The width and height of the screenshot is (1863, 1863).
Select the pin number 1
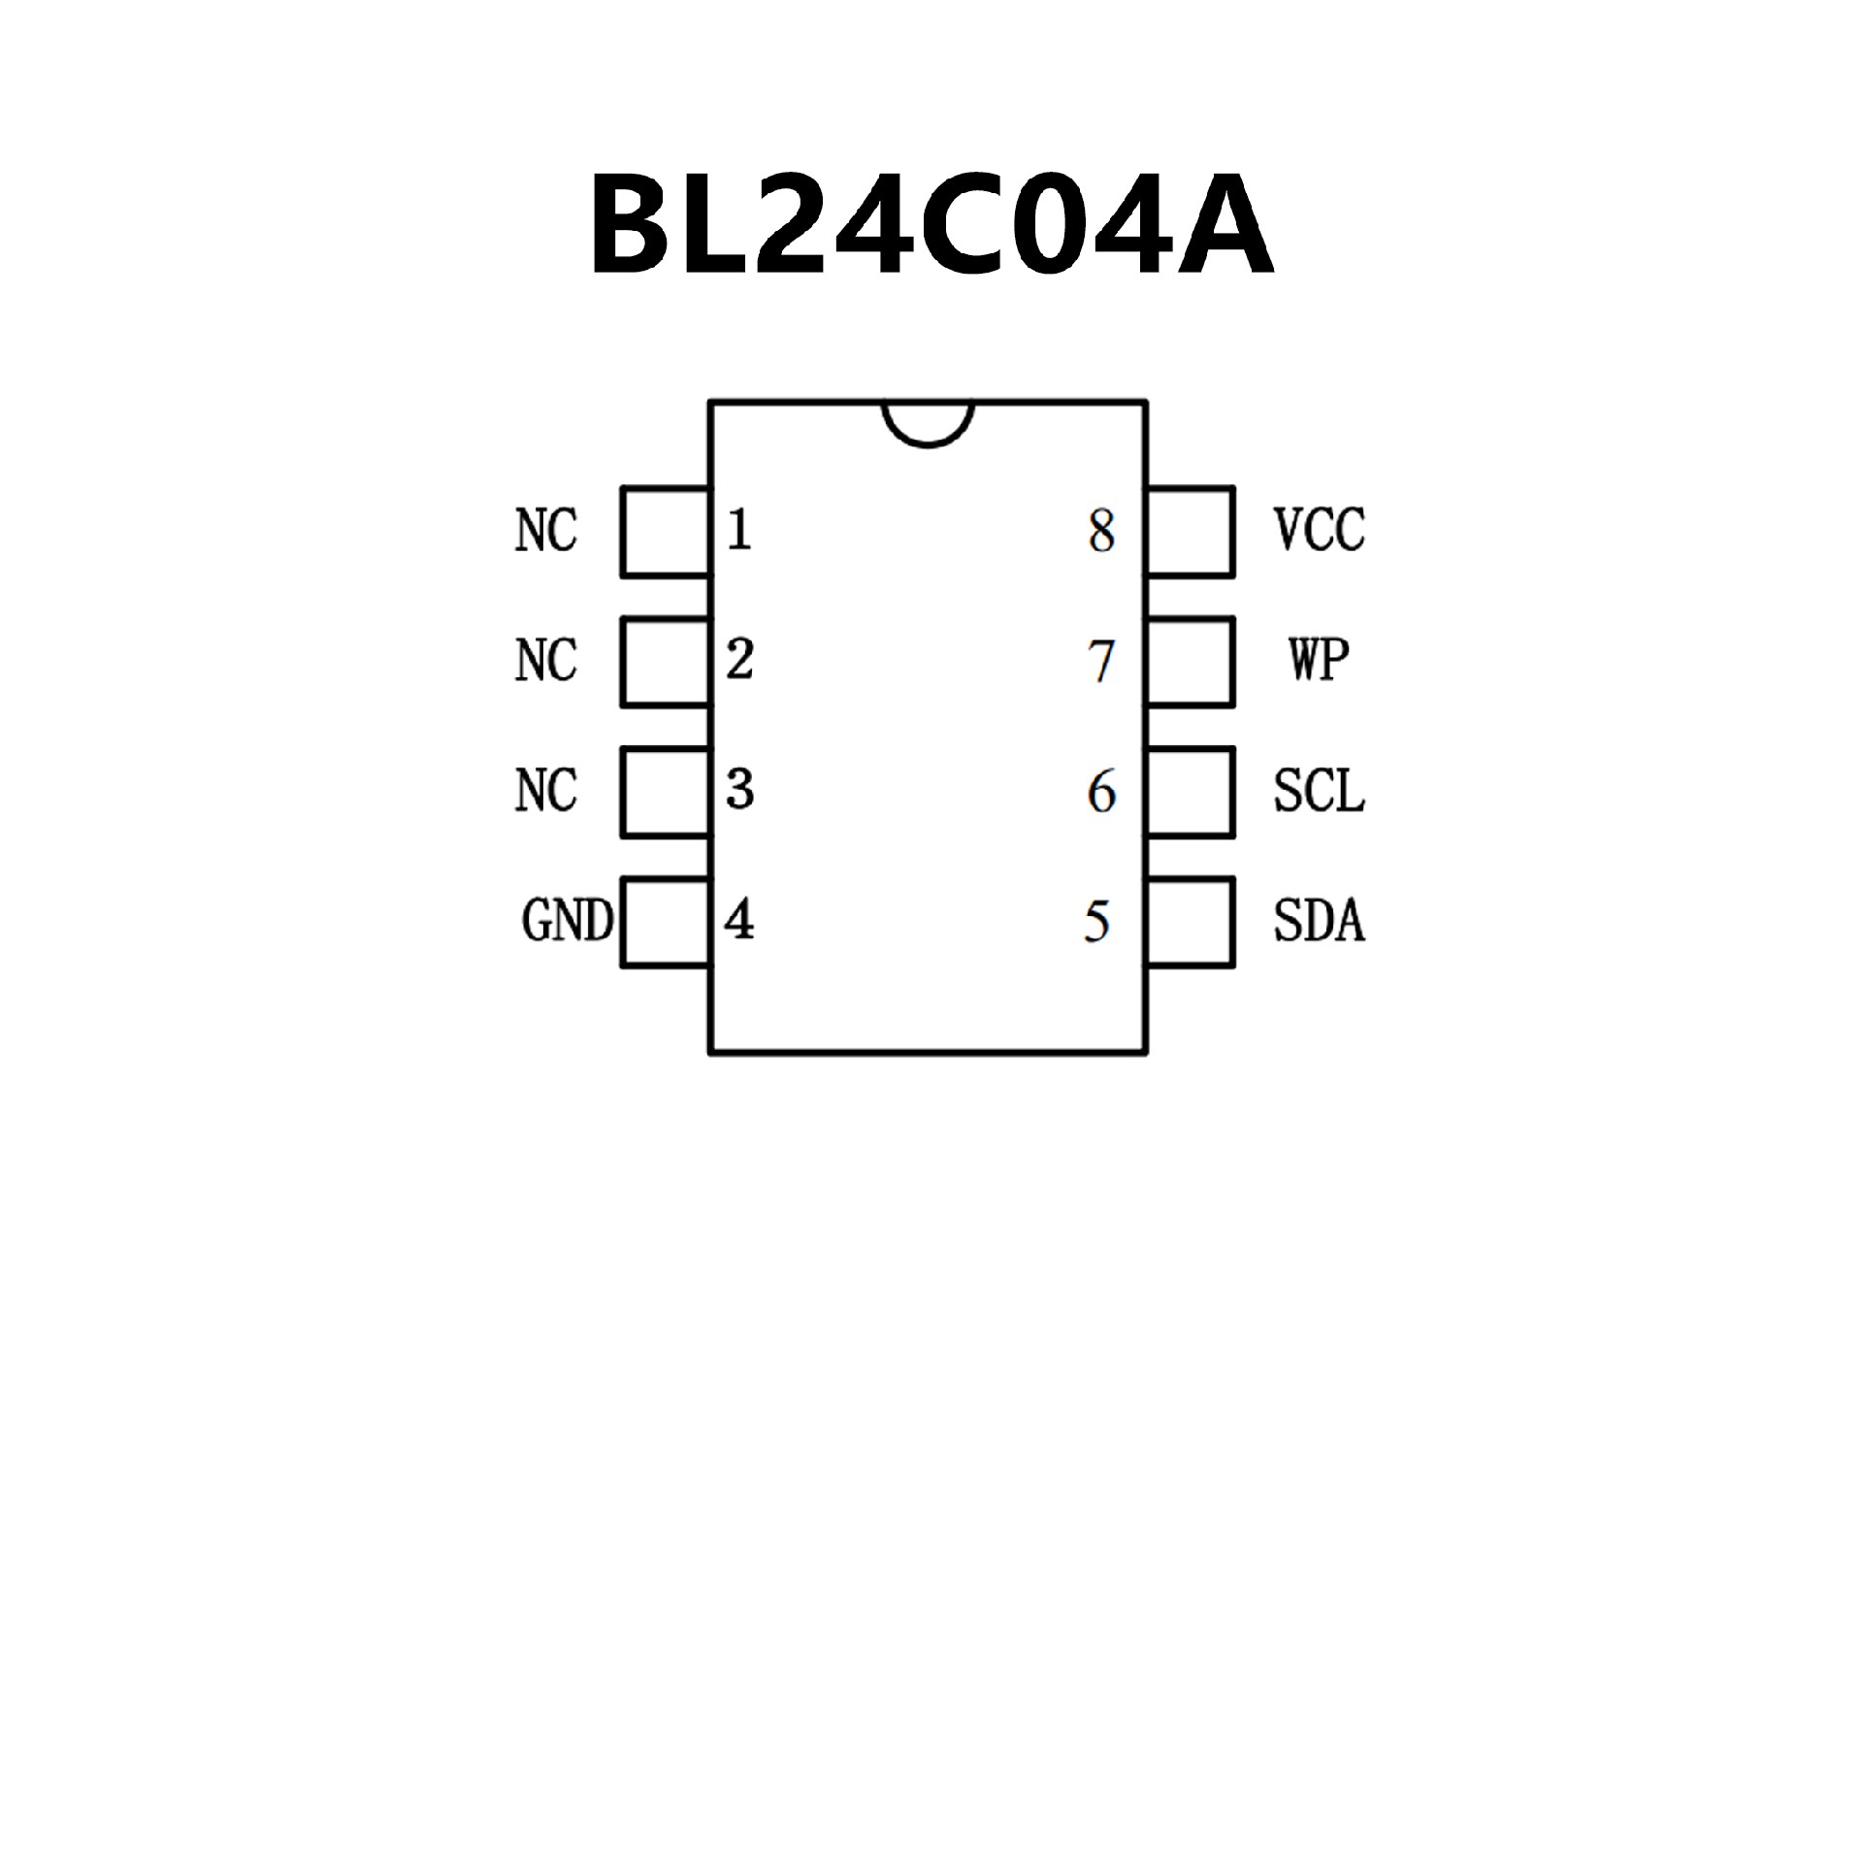click(x=739, y=531)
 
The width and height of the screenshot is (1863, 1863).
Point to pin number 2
click(x=739, y=660)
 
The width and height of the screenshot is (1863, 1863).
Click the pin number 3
click(x=739, y=790)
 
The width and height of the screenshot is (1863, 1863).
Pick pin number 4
click(x=739, y=920)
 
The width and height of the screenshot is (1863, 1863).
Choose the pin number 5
click(x=1097, y=922)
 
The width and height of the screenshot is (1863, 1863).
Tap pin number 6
click(x=1101, y=792)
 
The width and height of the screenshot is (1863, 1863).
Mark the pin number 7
click(x=1101, y=662)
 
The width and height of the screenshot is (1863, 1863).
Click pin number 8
click(x=1101, y=532)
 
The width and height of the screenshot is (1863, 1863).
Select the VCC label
click(x=1319, y=531)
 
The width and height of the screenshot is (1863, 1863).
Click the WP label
click(x=1319, y=660)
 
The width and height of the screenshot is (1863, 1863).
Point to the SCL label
click(x=1319, y=791)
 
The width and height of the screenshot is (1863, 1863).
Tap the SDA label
click(x=1319, y=921)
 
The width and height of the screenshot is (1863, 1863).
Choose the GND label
click(x=568, y=921)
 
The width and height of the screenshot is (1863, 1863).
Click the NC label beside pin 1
click(x=545, y=531)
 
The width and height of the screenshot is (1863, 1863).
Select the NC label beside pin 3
click(x=545, y=791)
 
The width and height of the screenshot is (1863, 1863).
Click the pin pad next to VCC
click(x=1191, y=532)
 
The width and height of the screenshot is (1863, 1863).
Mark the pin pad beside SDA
click(x=1191, y=922)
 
